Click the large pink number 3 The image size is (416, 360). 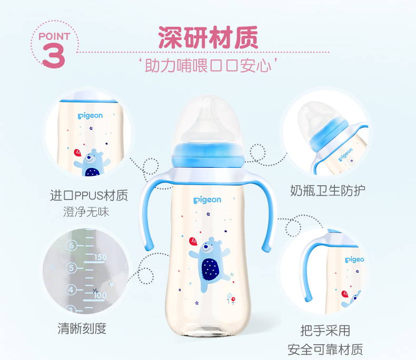coord(53,56)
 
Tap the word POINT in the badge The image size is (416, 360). coord(54,37)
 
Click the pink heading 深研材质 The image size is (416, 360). coord(208,37)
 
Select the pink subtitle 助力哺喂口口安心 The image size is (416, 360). coord(208,65)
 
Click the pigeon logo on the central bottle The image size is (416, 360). coord(207,200)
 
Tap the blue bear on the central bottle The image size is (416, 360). coord(210,264)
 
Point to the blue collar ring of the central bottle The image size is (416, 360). coord(208,155)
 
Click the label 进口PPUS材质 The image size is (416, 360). coord(89,195)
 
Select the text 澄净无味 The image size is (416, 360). coord(86,212)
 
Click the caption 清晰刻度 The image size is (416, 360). coord(82,329)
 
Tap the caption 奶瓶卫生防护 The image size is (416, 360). coord(328,191)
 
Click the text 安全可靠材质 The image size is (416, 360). coord(325,349)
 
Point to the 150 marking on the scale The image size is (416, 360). coord(100,257)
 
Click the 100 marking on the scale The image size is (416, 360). coord(100,295)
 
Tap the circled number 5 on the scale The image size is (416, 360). coord(71,268)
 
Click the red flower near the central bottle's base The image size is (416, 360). coord(233,300)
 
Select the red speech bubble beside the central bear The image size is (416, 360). coord(193,241)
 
